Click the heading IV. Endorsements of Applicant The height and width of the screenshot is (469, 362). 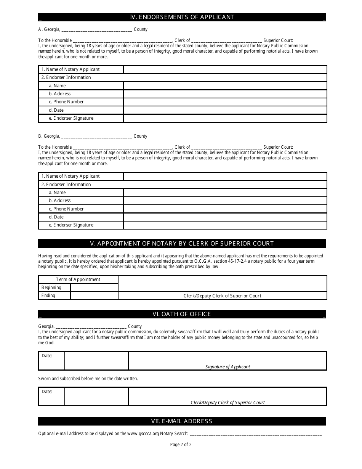182,17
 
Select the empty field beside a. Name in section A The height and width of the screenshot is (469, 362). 225,86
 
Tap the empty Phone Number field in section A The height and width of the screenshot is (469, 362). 225,102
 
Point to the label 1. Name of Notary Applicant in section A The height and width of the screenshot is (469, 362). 70,69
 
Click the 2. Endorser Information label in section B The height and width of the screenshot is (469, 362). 66,185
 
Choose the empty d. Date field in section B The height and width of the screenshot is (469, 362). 225,217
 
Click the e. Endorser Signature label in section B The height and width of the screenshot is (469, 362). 71,225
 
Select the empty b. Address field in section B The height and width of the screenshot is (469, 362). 225,201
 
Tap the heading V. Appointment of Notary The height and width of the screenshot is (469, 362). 182,244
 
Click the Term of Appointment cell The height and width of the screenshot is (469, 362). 78,279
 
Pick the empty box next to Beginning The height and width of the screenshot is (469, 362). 94,288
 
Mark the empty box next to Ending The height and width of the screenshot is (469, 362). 94,296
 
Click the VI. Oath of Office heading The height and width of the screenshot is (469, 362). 182,314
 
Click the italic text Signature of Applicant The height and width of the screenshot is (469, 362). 227,367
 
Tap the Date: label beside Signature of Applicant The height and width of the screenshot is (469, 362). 47,356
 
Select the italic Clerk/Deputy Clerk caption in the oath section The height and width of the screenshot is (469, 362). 227,403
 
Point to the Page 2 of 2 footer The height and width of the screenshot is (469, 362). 181,445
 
